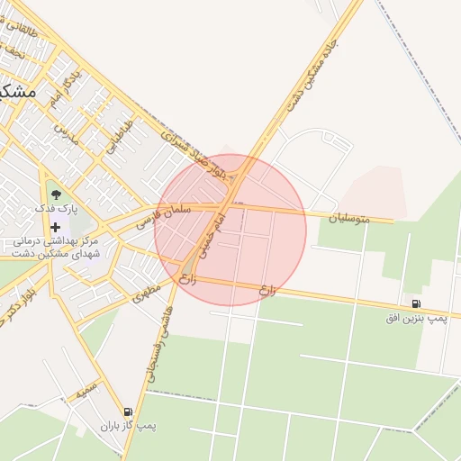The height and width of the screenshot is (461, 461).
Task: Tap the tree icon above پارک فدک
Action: (56, 193)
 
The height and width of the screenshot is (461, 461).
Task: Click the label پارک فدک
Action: (56, 208)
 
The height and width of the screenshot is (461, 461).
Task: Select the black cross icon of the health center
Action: (56, 227)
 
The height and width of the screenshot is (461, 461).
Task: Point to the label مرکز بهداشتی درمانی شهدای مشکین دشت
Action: (56, 249)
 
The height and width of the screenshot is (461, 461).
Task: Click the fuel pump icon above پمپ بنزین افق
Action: (415, 304)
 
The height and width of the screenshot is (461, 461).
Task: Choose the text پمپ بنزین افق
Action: (415, 319)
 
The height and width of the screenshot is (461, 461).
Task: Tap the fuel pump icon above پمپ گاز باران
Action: (128, 411)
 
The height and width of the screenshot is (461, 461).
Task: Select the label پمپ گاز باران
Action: (128, 426)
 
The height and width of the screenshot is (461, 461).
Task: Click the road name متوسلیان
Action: (348, 217)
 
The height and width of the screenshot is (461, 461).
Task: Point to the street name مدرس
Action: (67, 137)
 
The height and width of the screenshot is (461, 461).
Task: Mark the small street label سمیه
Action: (86, 392)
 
